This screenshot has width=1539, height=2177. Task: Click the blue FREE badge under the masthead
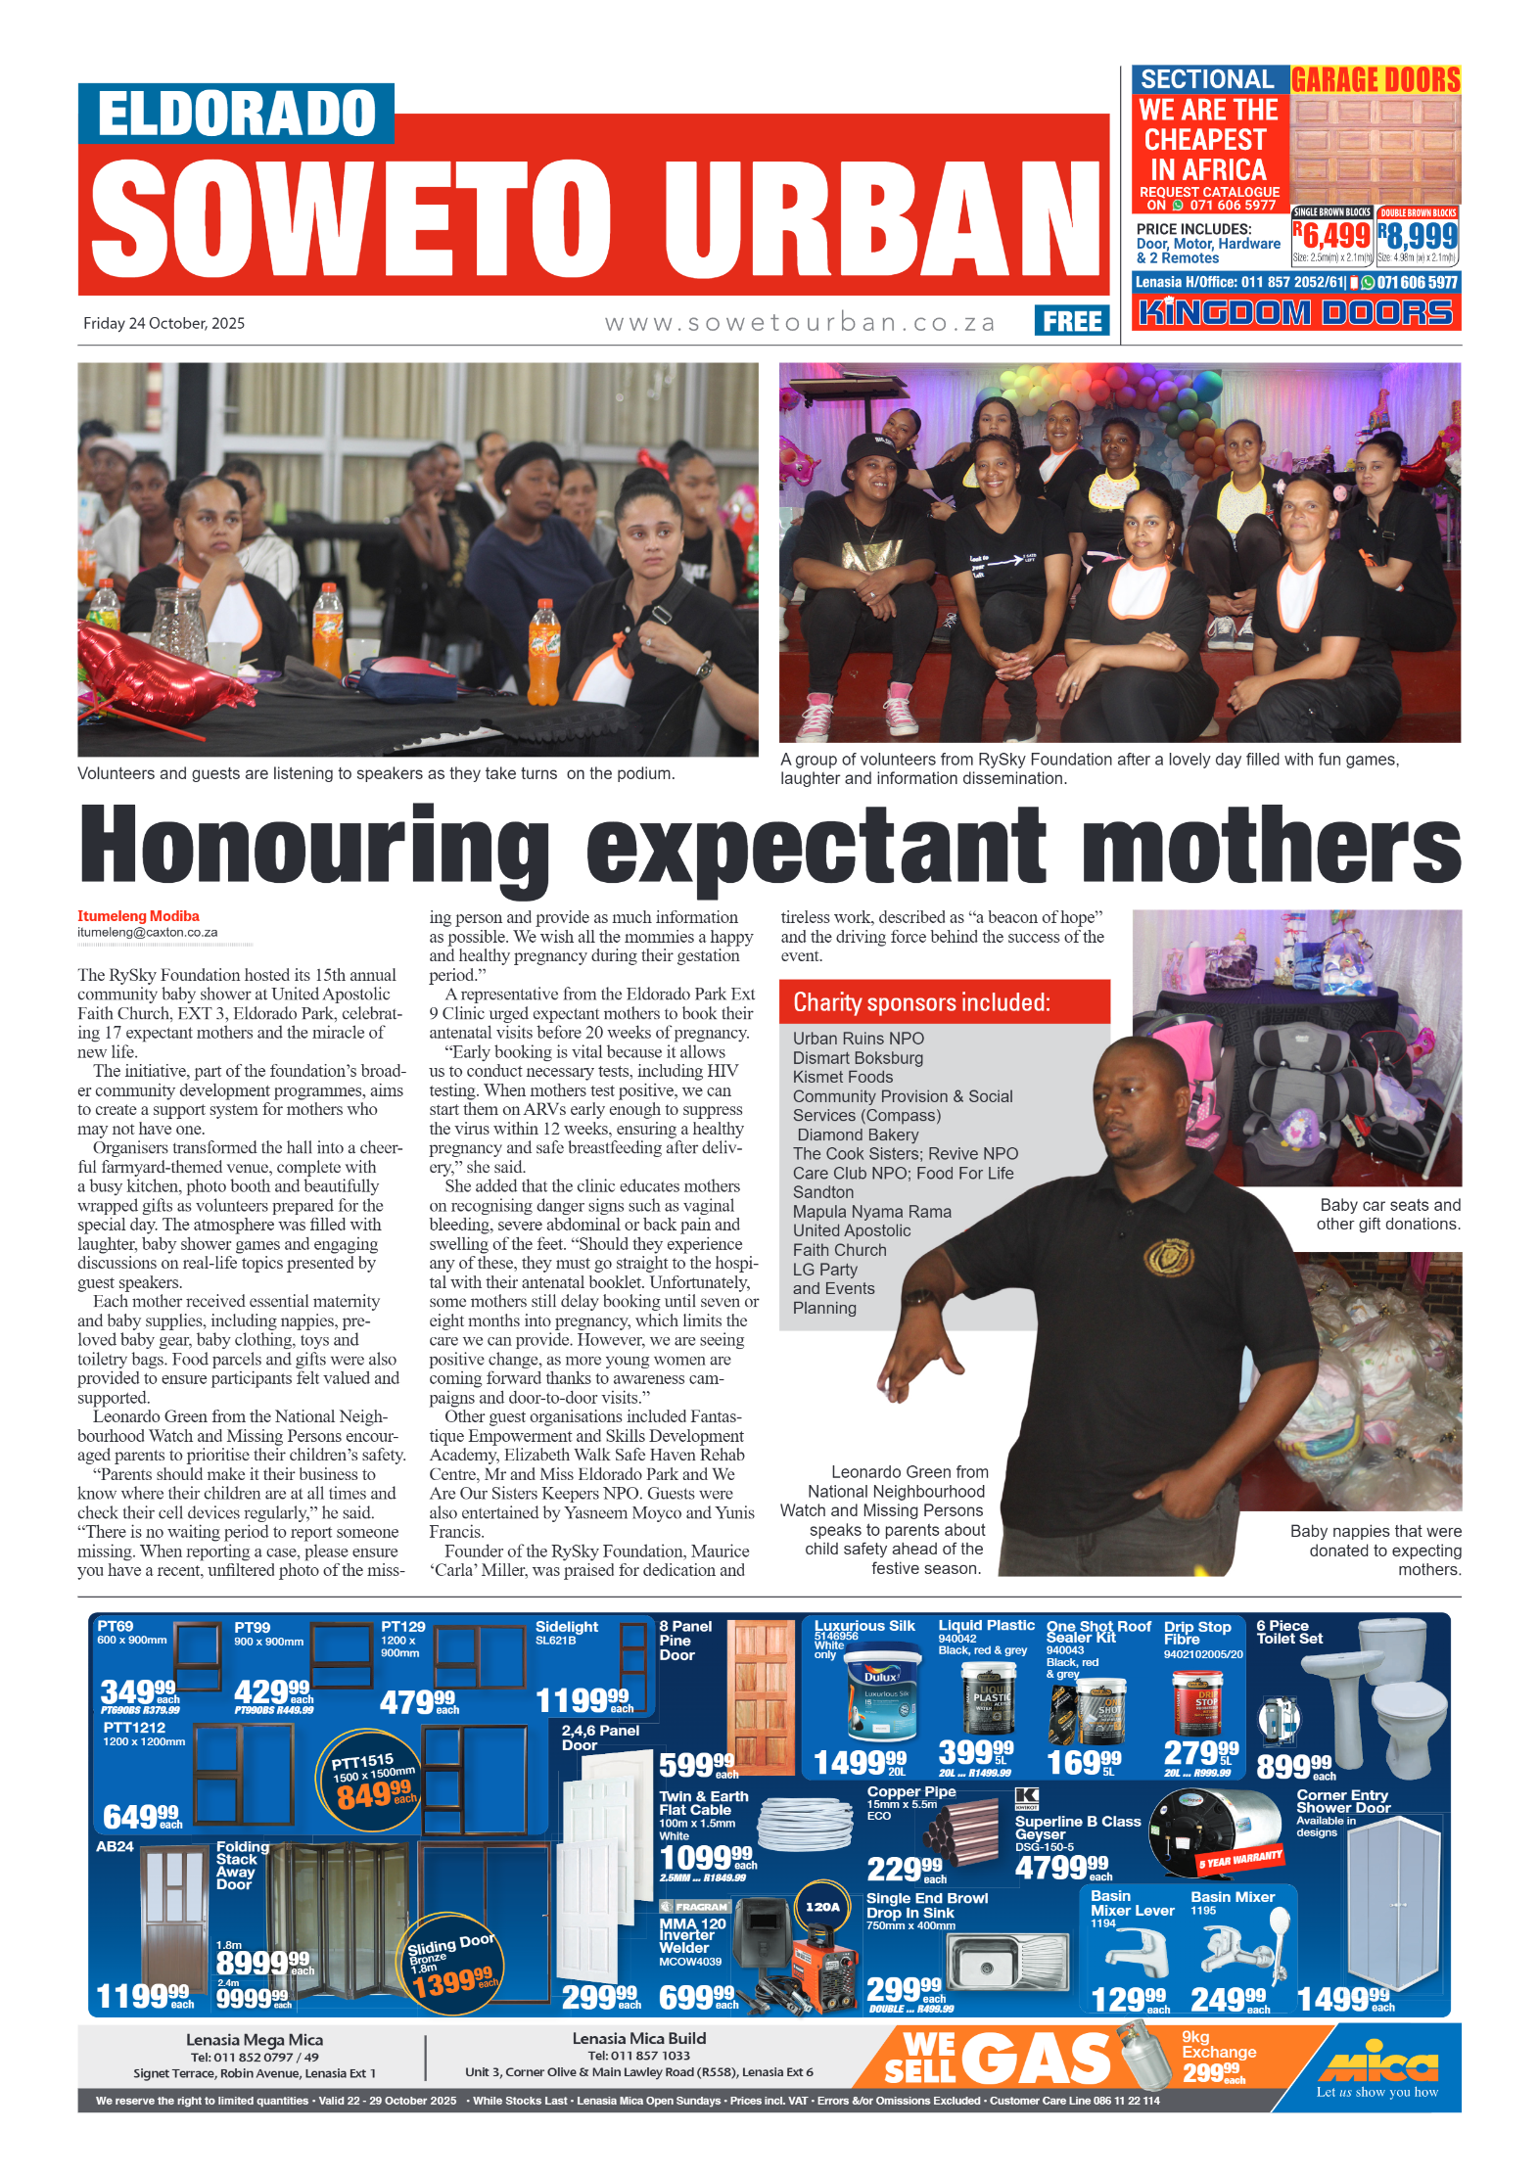(x=1071, y=320)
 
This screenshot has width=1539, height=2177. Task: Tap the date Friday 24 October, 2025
(x=163, y=323)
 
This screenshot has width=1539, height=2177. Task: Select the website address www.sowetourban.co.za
(x=799, y=322)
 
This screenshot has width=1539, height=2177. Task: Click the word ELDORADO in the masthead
(x=236, y=114)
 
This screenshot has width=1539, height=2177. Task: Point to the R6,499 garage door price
(x=1331, y=235)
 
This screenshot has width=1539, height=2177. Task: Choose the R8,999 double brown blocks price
(x=1418, y=235)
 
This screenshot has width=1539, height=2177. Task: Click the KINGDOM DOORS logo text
(x=1295, y=312)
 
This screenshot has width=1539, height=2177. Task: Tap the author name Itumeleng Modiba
(x=138, y=916)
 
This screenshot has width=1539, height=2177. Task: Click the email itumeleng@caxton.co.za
(x=148, y=933)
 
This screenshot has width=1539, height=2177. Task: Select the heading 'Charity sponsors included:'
(x=920, y=1002)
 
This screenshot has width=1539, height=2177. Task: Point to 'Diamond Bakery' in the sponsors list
(x=858, y=1135)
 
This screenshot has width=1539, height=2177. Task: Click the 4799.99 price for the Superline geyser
(x=1061, y=1868)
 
